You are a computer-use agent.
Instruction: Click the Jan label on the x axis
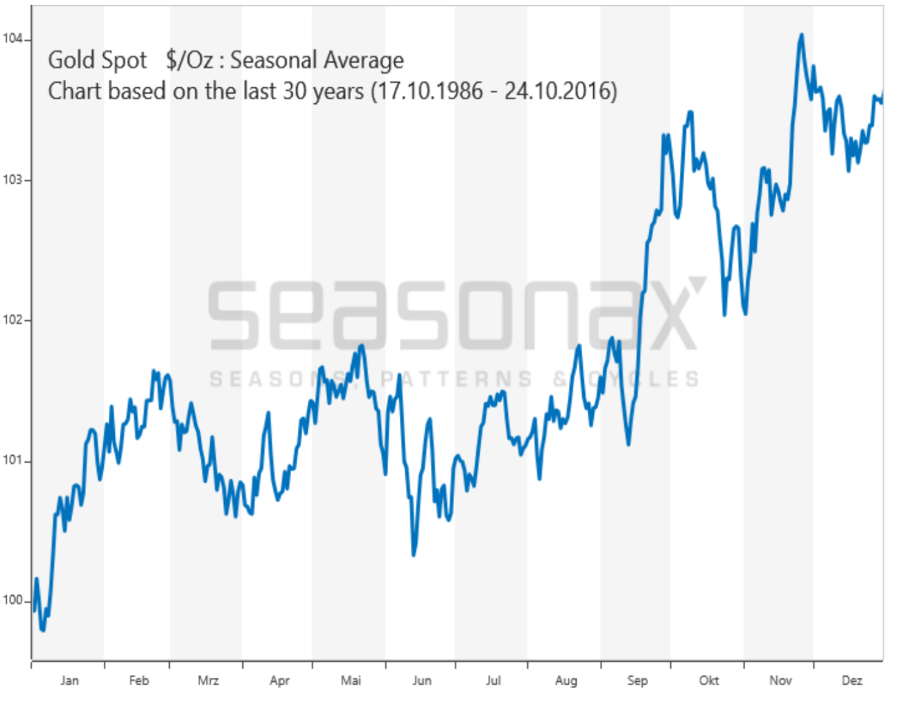69,680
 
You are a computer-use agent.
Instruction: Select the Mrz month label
208,680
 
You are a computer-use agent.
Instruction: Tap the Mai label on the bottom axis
350,680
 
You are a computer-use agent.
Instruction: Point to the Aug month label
566,680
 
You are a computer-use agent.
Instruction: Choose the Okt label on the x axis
708,680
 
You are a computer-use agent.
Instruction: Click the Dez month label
851,680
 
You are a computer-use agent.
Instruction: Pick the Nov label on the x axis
780,680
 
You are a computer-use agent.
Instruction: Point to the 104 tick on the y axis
12,39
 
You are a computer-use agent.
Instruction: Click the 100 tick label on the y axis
12,600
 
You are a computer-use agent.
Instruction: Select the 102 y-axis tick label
12,320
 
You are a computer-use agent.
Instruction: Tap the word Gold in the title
71,61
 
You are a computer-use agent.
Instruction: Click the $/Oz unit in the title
189,61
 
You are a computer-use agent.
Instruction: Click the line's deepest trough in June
414,554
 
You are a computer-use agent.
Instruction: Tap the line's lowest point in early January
43,629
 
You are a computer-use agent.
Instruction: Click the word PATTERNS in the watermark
456,379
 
